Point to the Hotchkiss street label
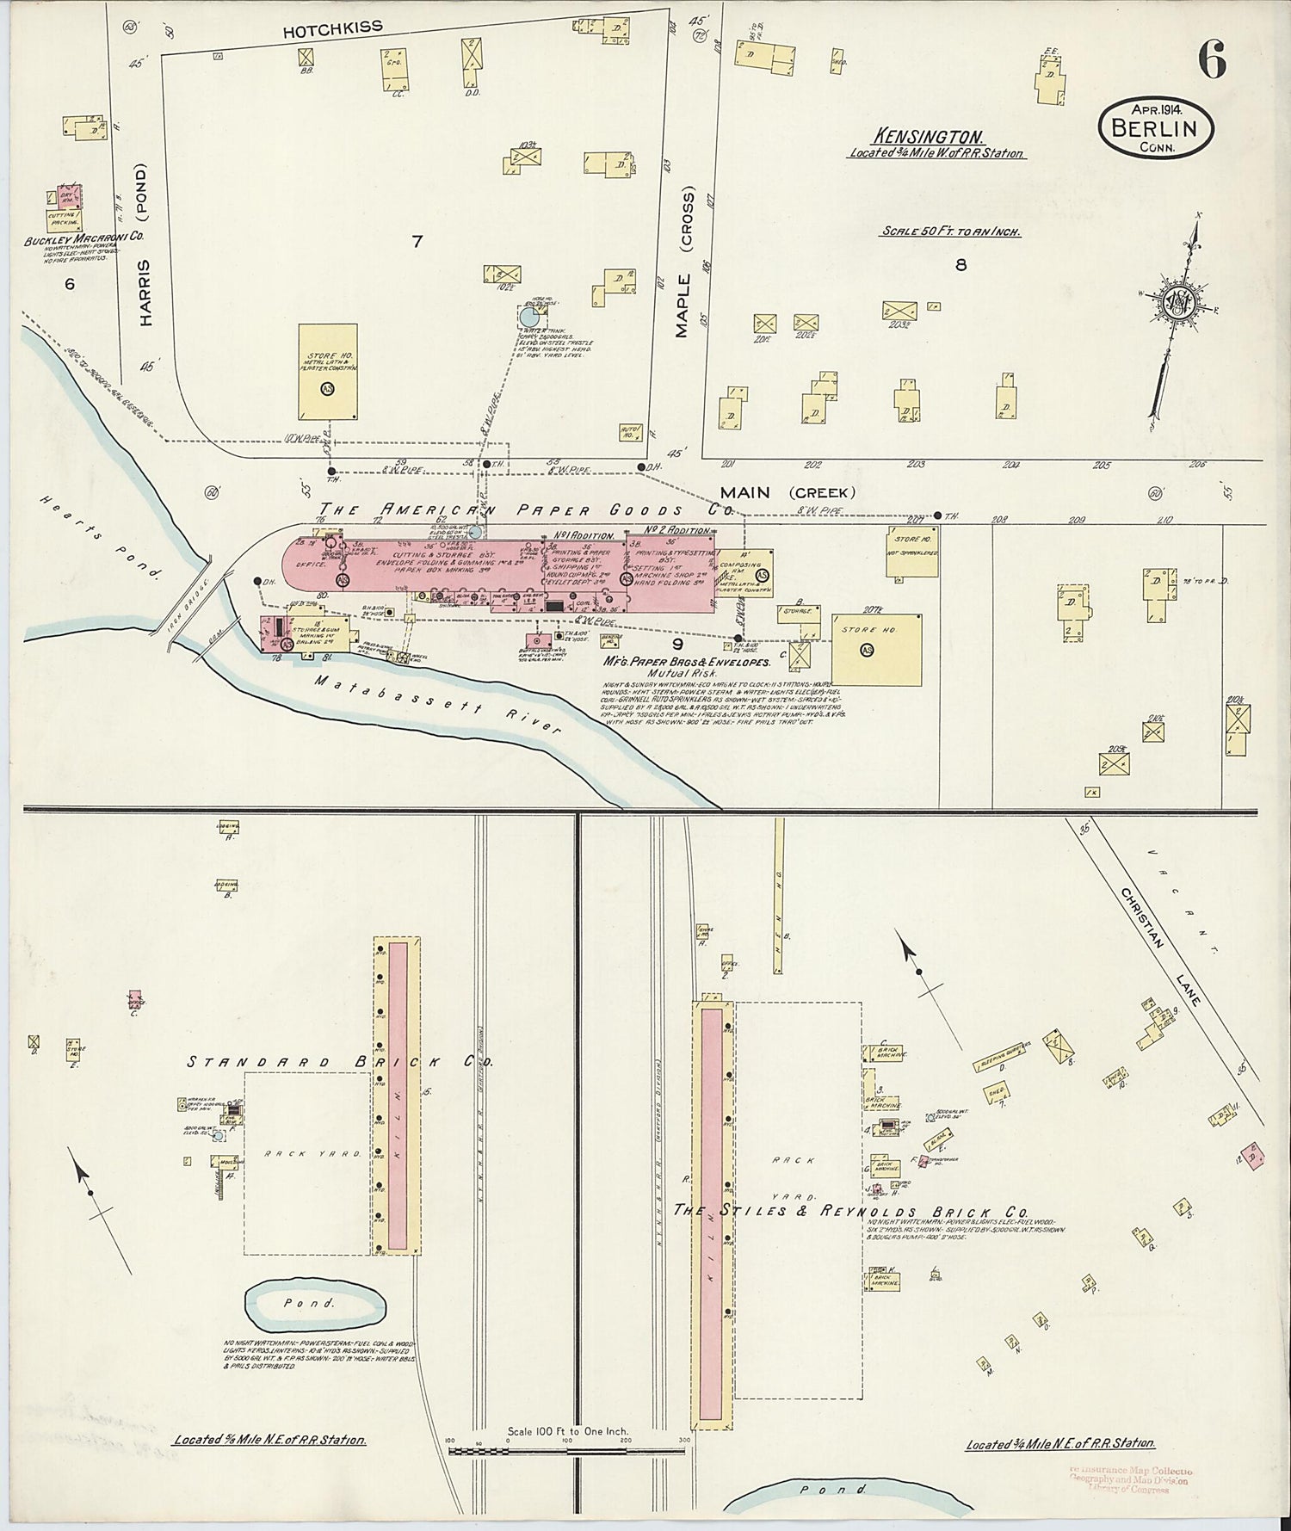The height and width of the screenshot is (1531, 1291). [x=320, y=30]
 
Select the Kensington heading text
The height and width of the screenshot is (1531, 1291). [x=929, y=136]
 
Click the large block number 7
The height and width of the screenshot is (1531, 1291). [x=417, y=242]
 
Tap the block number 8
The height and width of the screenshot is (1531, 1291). [x=961, y=264]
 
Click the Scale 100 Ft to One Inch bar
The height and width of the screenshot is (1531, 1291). [x=567, y=1450]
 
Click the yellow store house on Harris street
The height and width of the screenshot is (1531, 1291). [x=327, y=371]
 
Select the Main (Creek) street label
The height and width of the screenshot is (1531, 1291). [x=788, y=492]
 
